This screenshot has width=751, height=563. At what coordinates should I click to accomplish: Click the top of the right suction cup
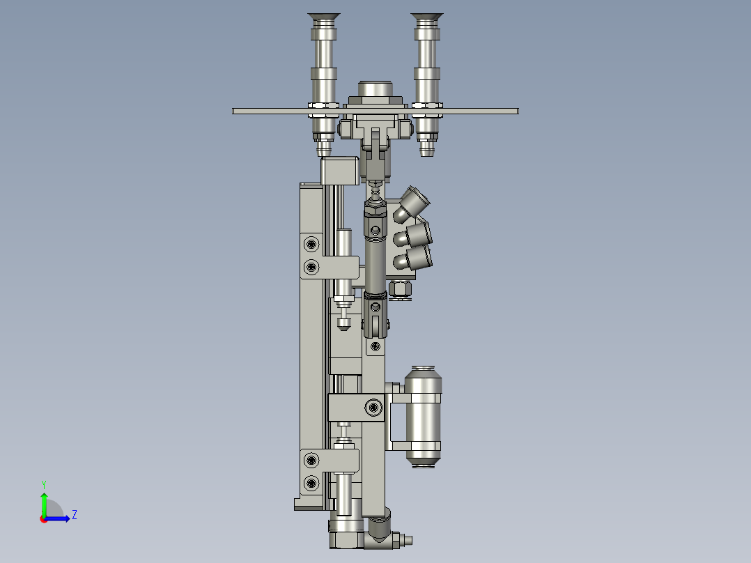pyautogui.click(x=426, y=16)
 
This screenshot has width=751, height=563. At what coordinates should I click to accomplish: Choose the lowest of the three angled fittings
pyautogui.click(x=415, y=259)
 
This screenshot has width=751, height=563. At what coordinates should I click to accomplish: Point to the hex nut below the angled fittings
pyautogui.click(x=400, y=288)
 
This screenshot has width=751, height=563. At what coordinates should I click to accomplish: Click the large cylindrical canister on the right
pyautogui.click(x=423, y=415)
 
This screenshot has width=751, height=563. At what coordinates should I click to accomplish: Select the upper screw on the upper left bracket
pyautogui.click(x=311, y=244)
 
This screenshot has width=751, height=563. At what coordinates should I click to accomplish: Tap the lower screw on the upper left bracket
pyautogui.click(x=311, y=266)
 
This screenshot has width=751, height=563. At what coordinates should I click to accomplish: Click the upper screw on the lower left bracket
pyautogui.click(x=311, y=460)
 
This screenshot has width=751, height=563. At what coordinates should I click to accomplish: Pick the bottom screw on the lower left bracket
pyautogui.click(x=311, y=482)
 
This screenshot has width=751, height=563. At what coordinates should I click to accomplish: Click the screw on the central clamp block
pyautogui.click(x=375, y=407)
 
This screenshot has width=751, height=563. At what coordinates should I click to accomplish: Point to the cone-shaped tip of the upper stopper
pyautogui.click(x=343, y=323)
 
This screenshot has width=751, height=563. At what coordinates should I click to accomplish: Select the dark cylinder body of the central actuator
pyautogui.click(x=374, y=265)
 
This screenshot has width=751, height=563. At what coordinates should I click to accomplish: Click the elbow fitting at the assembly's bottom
pyautogui.click(x=380, y=532)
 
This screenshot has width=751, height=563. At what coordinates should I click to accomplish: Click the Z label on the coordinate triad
pyautogui.click(x=74, y=515)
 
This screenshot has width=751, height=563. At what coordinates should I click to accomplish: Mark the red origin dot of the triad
pyautogui.click(x=43, y=519)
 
